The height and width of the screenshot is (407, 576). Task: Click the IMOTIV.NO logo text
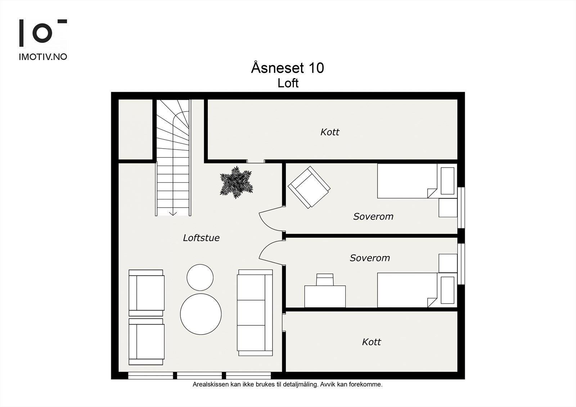(43, 57)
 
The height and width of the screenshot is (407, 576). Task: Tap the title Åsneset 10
(287, 68)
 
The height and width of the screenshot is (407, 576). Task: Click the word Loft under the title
(288, 83)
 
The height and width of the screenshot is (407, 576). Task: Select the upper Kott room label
(330, 132)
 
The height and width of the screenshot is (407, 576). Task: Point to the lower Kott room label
(371, 342)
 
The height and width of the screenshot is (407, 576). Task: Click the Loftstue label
(201, 238)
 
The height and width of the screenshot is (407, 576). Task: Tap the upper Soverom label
(373, 216)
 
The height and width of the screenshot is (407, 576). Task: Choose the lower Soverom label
(370, 258)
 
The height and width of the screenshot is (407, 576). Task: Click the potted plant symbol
(236, 182)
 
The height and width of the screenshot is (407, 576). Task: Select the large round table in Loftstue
(201, 313)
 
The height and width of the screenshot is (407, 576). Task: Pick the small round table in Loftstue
(200, 277)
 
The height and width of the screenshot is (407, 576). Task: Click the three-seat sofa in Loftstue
(255, 312)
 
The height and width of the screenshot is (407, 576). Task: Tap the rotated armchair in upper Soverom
(309, 187)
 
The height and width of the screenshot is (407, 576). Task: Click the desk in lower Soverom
(325, 297)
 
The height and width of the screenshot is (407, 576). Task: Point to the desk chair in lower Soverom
(325, 279)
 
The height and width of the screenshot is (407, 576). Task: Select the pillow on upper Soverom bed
(447, 181)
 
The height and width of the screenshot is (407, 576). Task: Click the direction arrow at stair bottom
(173, 213)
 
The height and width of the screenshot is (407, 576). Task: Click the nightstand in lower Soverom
(448, 263)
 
